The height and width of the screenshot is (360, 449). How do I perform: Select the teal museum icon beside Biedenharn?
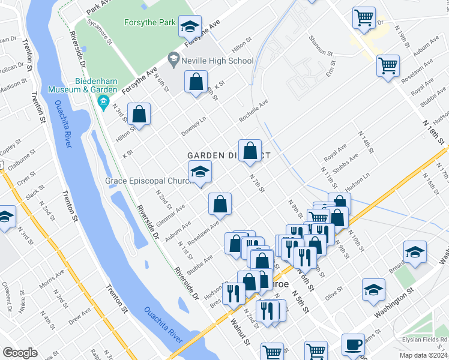[x=103, y=100]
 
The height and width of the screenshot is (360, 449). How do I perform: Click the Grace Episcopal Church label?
[x=147, y=180]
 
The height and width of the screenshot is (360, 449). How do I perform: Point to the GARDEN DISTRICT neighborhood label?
[x=229, y=155]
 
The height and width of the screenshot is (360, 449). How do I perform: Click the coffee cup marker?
[x=354, y=344]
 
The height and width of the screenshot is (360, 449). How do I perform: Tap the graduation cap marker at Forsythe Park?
[x=190, y=26]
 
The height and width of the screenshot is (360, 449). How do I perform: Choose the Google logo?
[x=20, y=352]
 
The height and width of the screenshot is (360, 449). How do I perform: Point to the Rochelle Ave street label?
[x=253, y=110]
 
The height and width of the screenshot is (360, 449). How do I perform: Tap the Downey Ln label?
[x=194, y=127]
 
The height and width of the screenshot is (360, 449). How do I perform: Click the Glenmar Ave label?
[x=170, y=214]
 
